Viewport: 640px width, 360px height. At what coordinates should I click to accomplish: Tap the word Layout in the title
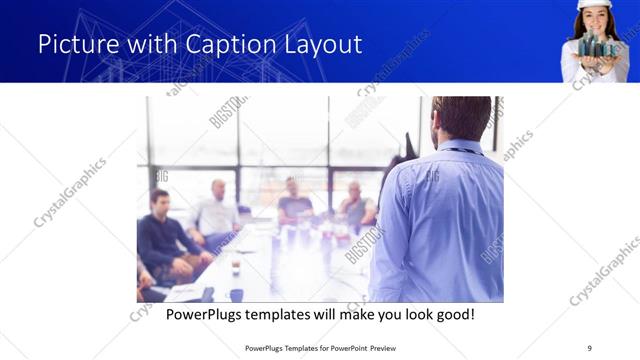coord(319,45)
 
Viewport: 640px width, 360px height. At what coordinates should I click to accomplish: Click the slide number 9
coord(589,348)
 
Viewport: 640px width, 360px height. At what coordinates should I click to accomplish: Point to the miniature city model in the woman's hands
coord(597,46)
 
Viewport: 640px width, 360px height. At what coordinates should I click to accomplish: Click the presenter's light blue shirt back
coord(441,220)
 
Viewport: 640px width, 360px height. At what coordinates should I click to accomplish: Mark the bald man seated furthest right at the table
coord(356,205)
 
